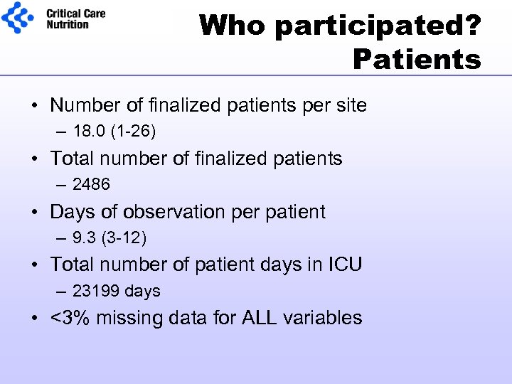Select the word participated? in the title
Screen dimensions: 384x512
coord(378,26)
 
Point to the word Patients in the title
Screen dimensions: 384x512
coord(417,60)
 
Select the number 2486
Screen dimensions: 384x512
coord(91,185)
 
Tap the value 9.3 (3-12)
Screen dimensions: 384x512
coord(110,238)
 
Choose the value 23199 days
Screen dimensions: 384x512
coord(117,291)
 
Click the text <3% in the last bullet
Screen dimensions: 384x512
coord(70,318)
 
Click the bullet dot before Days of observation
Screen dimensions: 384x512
coord(35,212)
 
